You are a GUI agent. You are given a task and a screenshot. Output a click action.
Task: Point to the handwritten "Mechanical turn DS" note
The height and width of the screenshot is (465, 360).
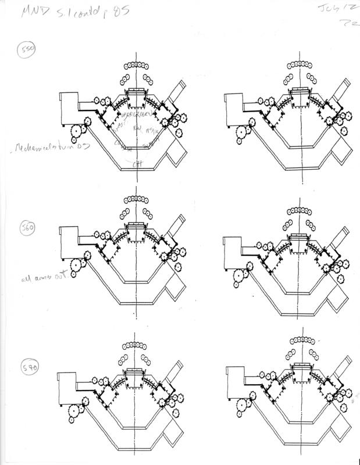(x=52, y=149)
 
